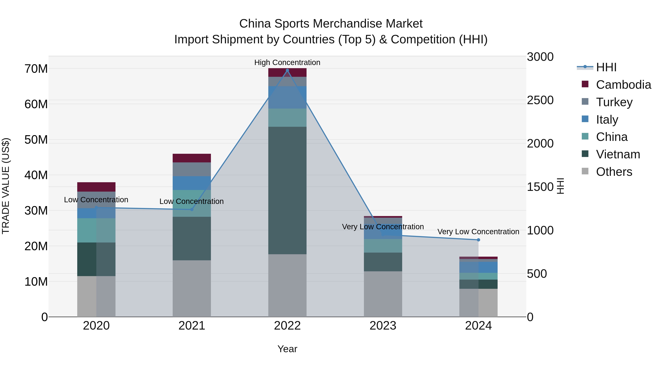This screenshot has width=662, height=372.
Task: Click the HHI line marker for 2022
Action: point(287,70)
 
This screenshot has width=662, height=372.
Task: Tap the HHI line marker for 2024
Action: point(478,240)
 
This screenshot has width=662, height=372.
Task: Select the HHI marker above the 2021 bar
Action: point(192,209)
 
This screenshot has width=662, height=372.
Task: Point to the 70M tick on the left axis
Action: point(36,69)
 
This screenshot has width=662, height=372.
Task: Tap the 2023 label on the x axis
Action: point(383,326)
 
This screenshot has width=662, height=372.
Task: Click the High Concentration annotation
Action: point(287,62)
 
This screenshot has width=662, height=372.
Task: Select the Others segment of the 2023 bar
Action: point(383,294)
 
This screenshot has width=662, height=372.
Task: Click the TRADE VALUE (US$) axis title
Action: point(6,186)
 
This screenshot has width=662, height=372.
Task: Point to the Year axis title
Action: point(287,349)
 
